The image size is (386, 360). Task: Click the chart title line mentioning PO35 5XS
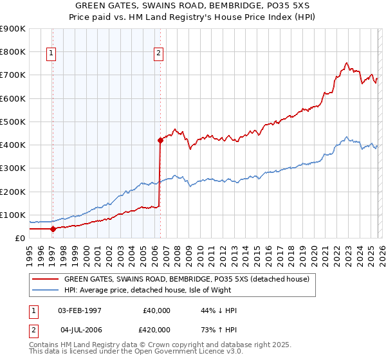pos(192,5)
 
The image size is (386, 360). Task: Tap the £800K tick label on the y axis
pos(13,51)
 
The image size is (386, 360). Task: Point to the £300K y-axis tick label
pos(13,168)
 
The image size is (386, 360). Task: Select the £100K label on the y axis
pos(13,215)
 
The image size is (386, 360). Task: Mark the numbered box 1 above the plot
pos(51,54)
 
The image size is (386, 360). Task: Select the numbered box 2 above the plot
pos(158,54)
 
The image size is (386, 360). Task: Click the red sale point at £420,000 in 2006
pos(160,139)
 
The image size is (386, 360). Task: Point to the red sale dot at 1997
pos(53,228)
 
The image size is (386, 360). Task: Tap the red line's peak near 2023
pos(347,63)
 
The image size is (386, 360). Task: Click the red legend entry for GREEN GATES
pos(187,279)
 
